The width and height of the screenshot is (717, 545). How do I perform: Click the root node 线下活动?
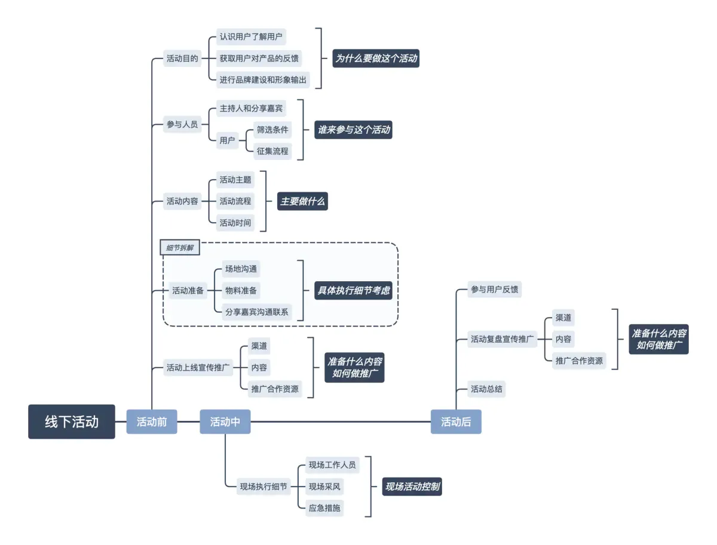click(72, 421)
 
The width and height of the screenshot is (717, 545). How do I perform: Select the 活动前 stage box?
click(152, 421)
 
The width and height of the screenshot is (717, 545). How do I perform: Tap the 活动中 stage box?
click(225, 421)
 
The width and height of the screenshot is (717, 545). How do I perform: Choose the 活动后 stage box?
click(456, 421)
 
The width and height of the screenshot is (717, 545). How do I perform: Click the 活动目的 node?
click(182, 58)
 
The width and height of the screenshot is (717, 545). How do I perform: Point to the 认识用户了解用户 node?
click(251, 37)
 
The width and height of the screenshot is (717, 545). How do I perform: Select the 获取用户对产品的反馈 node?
click(259, 58)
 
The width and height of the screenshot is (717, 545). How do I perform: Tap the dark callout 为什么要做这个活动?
click(376, 58)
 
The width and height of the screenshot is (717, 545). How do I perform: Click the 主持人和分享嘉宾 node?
click(252, 109)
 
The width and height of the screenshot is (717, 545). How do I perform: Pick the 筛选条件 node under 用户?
click(272, 130)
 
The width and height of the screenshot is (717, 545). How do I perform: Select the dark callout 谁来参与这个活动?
click(354, 130)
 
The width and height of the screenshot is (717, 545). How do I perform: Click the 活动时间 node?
click(235, 223)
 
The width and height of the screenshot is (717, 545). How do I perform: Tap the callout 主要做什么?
click(303, 201)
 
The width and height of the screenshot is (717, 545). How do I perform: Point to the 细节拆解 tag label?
click(180, 248)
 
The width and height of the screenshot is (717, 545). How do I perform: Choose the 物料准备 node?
click(241, 291)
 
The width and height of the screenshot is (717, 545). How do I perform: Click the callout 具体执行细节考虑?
click(354, 291)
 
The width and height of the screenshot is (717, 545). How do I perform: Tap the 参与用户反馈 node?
click(495, 290)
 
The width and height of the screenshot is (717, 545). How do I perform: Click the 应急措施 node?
click(324, 508)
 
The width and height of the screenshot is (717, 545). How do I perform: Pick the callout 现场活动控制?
click(412, 487)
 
